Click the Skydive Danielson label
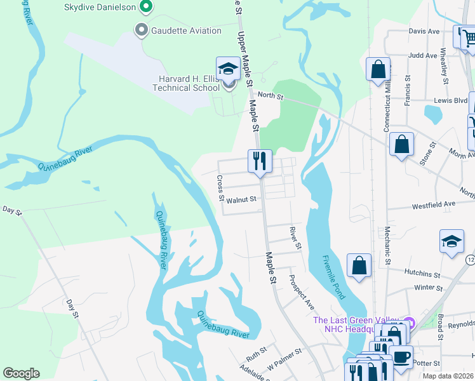point(100,8)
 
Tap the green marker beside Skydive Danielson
point(146,8)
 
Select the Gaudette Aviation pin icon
point(141,30)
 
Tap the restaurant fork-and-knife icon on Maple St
point(260,161)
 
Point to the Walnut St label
point(241,199)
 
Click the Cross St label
point(220,188)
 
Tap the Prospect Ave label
point(302,292)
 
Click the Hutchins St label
point(422,274)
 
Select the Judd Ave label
point(424,55)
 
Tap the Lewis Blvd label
point(451,100)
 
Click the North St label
point(270,95)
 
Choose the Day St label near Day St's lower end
point(72,307)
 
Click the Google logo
point(21,373)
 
